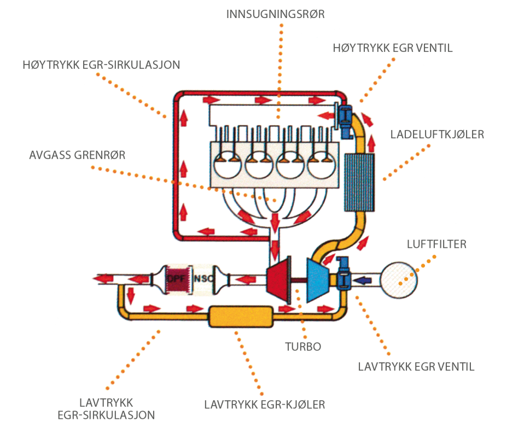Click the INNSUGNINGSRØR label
276,14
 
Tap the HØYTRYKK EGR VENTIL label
393,48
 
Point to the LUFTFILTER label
436,244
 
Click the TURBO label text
302,346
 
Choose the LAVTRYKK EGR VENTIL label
416,366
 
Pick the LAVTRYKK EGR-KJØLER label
265,405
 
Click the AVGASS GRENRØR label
77,155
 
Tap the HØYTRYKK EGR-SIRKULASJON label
102,65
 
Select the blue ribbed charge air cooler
360,182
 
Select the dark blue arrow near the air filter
364,280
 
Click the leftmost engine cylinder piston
225,163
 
